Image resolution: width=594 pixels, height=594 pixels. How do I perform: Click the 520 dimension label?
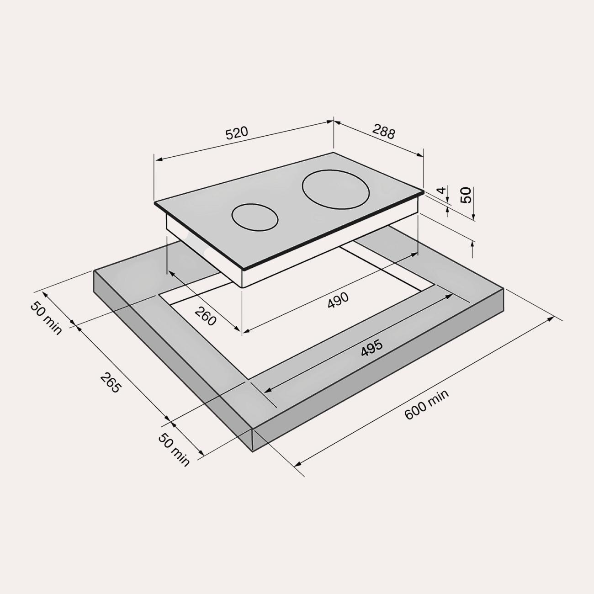[237, 133]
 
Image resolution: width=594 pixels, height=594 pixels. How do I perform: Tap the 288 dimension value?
[383, 132]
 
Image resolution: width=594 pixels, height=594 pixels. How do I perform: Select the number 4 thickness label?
[442, 190]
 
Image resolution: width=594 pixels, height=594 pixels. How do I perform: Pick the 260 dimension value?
[205, 316]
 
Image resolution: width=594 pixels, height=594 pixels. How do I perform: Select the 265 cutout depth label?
[110, 382]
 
